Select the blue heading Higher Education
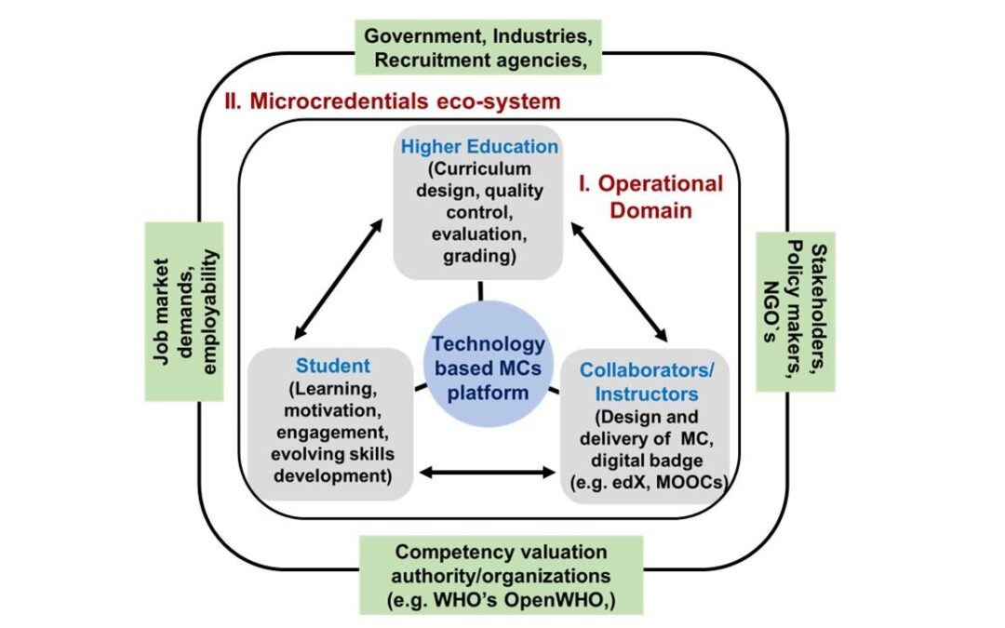(479, 146)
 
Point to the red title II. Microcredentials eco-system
(392, 100)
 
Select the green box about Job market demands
(186, 311)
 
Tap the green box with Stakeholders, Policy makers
(795, 311)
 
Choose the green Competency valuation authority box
(501, 576)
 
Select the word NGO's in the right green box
(771, 311)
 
